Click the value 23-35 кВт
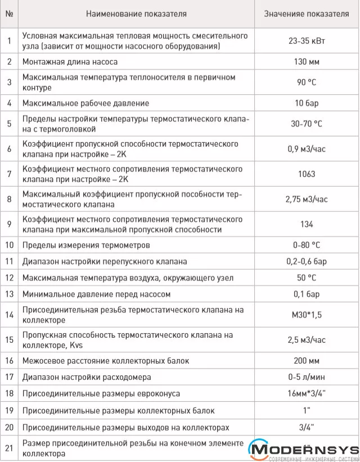click(x=307, y=40)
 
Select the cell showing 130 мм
click(x=307, y=61)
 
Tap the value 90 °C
click(x=307, y=82)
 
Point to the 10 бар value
click(x=307, y=103)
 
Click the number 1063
click(x=307, y=174)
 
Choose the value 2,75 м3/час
click(x=307, y=199)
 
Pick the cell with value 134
click(x=307, y=224)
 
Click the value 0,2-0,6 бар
click(x=307, y=261)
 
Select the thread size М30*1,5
click(x=307, y=315)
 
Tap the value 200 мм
click(x=307, y=360)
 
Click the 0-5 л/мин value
click(x=307, y=377)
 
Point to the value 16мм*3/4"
click(x=307, y=393)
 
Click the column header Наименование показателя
click(x=137, y=13)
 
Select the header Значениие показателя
click(x=307, y=13)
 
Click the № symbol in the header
click(x=9, y=13)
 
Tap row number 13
click(x=9, y=294)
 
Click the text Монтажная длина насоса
click(x=70, y=61)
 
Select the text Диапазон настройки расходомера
click(x=87, y=377)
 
